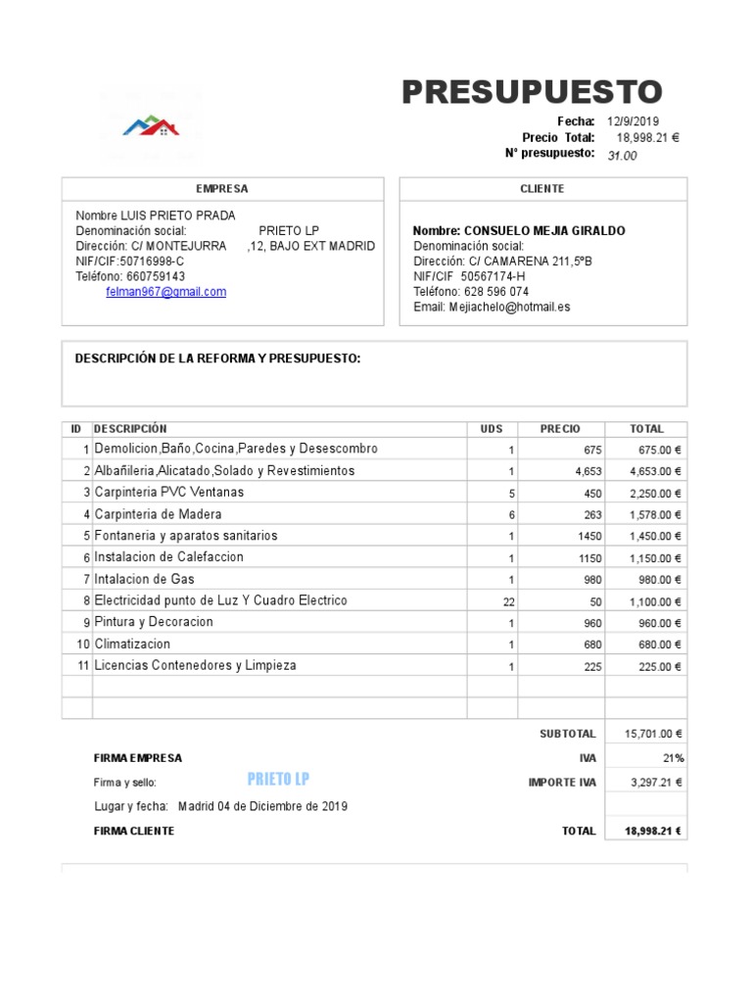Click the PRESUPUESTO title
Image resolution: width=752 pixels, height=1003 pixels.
coord(532,92)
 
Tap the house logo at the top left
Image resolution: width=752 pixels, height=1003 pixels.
coord(151,126)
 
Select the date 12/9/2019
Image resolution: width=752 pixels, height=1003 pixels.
coord(634,120)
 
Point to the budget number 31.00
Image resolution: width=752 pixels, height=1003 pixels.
coord(622,156)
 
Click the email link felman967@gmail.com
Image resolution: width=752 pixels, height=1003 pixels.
coord(165,292)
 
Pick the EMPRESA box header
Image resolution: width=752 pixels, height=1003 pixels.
coord(222,188)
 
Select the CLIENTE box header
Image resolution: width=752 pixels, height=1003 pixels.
coord(542,188)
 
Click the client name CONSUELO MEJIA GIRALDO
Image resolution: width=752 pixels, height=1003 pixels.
coord(519,231)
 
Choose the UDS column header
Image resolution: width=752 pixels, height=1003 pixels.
coord(492,429)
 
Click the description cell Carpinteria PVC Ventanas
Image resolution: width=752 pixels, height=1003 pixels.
coord(169,492)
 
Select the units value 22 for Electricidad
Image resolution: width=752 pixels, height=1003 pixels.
coord(507,600)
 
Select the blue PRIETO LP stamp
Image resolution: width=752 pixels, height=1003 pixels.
coord(279,779)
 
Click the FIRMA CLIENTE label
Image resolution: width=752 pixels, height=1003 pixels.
coord(134,831)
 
